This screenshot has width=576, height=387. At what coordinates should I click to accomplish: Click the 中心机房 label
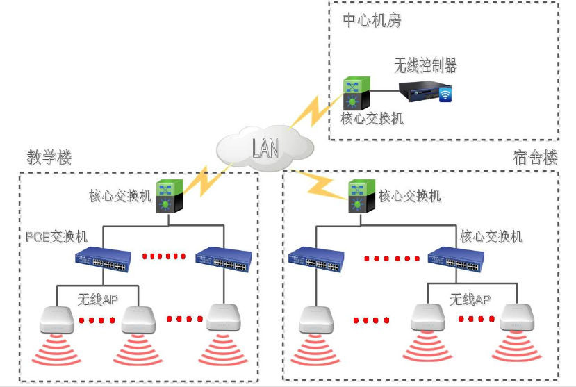pos(372,21)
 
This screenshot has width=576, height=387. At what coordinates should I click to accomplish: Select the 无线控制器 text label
pos(425,65)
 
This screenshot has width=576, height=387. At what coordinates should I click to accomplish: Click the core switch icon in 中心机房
pos(357,93)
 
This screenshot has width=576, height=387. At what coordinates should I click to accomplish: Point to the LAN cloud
pos(265,147)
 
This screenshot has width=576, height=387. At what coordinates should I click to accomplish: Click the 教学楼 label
pos(49,157)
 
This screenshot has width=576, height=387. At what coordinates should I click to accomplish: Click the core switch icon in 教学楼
pos(170,197)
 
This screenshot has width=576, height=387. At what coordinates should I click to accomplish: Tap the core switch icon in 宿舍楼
pos(358,197)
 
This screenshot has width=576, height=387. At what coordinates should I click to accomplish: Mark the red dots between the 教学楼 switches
pos(164,256)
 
